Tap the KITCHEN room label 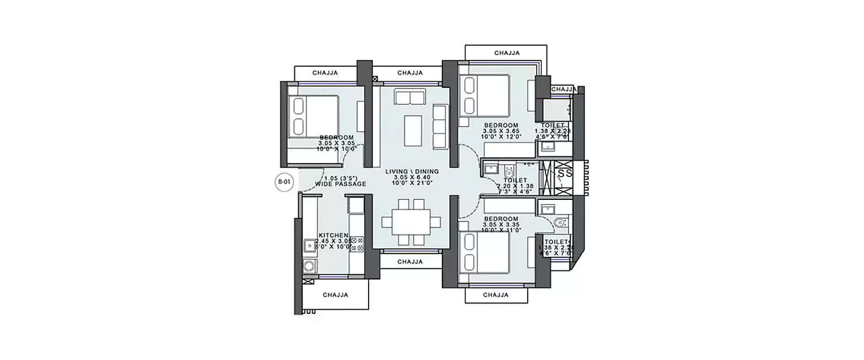(333, 236)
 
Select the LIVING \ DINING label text (412, 172)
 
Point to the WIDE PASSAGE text (341, 184)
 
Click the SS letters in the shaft (565, 173)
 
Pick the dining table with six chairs (411, 222)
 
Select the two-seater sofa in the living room (410, 96)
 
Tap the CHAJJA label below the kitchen (335, 294)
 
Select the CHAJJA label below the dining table (410, 262)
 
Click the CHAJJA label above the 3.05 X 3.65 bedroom (507, 53)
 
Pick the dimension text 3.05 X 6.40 (412, 177)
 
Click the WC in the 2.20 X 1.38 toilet (509, 172)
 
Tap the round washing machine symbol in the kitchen (309, 267)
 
